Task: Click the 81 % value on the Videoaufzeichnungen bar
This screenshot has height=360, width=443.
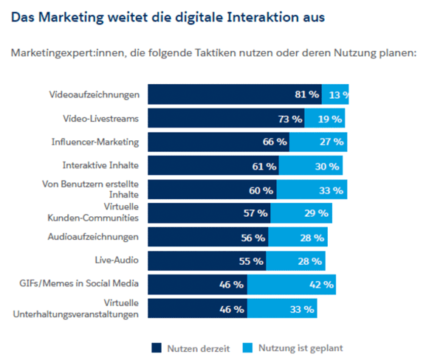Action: click(x=306, y=94)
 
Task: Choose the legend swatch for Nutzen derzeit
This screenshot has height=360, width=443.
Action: click(x=157, y=347)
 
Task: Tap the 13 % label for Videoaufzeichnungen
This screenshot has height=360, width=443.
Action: click(x=339, y=94)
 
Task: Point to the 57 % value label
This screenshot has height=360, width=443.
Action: click(x=255, y=213)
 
